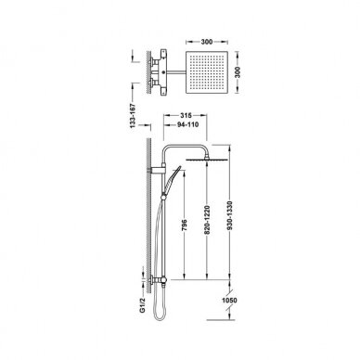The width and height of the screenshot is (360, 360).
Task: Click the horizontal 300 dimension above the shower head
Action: click(207, 42)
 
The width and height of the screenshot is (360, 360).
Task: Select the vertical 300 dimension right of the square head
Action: click(238, 72)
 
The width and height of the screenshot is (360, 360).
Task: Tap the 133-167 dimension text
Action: click(133, 116)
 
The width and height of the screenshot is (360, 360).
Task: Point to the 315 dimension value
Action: click(186, 115)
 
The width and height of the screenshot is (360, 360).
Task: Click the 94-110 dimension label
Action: click(187, 124)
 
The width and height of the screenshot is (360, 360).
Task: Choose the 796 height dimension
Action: click(185, 226)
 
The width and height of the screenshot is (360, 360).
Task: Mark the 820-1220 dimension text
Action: click(207, 220)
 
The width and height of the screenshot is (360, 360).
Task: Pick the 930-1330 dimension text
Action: click(229, 216)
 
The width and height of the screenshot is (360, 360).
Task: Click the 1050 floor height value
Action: click(229, 301)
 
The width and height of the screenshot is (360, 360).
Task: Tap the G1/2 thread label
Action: click(142, 305)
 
